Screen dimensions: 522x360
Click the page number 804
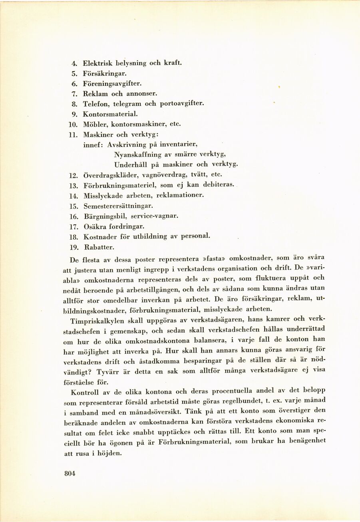[x=70, y=474]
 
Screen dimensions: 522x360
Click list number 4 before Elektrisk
[x=74, y=63]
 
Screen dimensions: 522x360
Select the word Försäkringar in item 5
[x=105, y=73]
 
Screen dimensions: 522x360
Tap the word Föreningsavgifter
[x=112, y=84]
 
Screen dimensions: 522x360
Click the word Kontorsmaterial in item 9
[x=110, y=114]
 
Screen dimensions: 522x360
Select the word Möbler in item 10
[x=93, y=124]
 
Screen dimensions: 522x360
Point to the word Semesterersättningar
[x=118, y=206]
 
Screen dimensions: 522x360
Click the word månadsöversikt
[x=166, y=412]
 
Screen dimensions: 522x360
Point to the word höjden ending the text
[x=108, y=453]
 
